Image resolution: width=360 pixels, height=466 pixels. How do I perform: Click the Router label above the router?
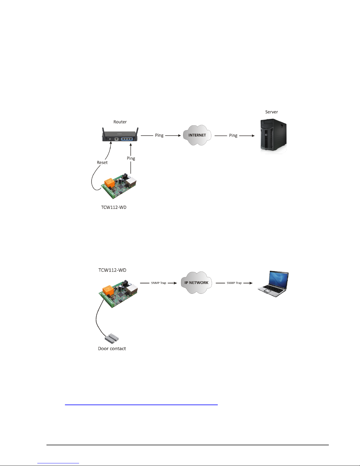[x=120, y=122]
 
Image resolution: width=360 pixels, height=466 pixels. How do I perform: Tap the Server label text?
[x=272, y=112]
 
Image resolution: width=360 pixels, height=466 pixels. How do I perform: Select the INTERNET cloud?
[x=197, y=135]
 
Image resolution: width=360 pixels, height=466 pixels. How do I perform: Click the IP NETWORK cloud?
[x=196, y=283]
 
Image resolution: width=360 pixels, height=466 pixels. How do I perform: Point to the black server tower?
[x=273, y=136]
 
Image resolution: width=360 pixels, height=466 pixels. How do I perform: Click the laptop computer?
[x=273, y=284]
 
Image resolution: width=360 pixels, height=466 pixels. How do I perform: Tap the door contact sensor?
[x=111, y=338]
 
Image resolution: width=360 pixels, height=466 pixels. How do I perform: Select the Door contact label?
[x=112, y=348]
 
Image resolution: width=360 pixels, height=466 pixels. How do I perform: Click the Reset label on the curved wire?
[x=102, y=163]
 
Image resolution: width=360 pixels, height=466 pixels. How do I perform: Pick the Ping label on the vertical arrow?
[x=131, y=158]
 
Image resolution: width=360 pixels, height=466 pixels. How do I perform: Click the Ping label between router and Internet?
[x=159, y=135]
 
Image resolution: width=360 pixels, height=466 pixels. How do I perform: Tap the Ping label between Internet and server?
[x=233, y=136]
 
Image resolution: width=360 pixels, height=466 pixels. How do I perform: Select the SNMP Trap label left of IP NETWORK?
[x=159, y=283]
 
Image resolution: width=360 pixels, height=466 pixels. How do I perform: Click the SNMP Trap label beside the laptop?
[x=234, y=283]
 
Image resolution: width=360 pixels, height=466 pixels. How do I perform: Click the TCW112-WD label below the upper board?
[x=114, y=207]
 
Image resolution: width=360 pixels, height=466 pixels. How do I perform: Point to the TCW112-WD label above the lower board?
[x=112, y=270]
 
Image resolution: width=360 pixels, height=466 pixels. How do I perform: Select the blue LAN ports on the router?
[x=127, y=139]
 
